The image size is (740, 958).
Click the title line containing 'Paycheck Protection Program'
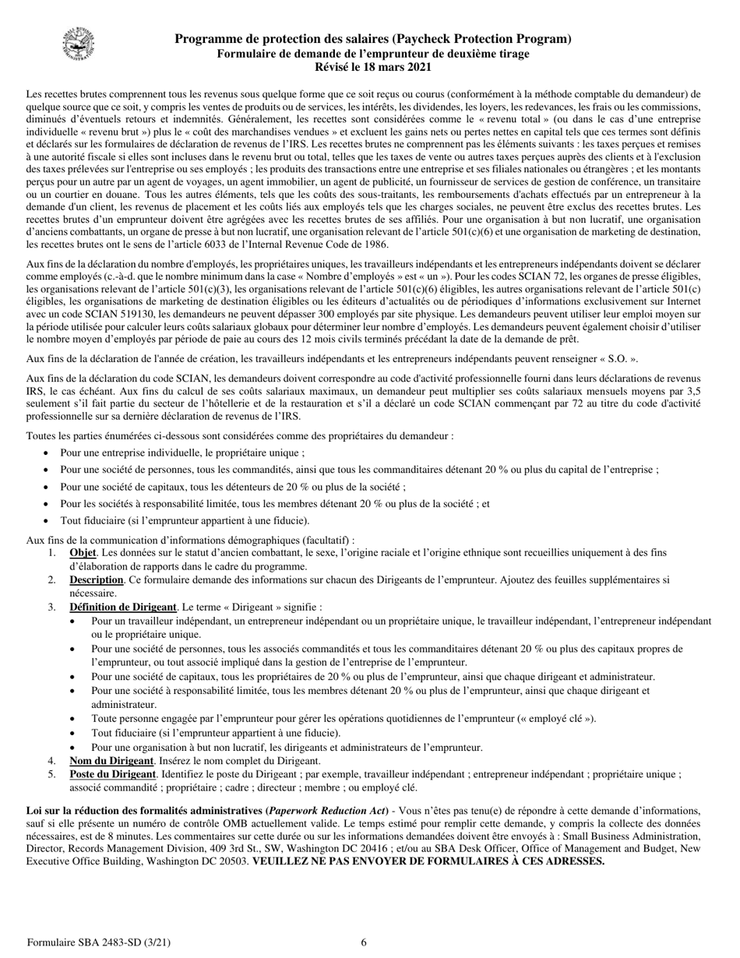click(372, 39)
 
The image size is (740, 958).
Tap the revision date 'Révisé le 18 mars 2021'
click(372, 68)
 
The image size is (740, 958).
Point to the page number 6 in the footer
click(364, 942)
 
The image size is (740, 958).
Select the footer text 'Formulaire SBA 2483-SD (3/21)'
click(99, 942)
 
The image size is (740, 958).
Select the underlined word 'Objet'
click(83, 553)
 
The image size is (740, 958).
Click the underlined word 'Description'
click(96, 580)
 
